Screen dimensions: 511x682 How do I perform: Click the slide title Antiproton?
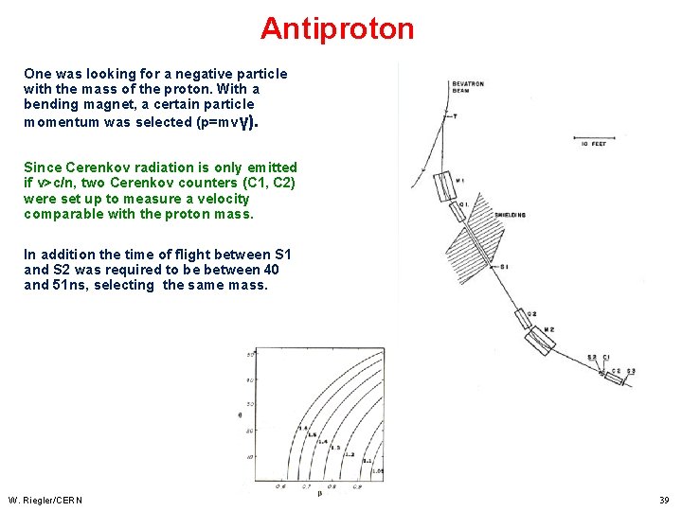(337, 28)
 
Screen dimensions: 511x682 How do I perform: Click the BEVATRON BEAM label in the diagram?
(468, 87)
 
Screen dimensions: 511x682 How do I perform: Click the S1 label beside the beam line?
(504, 267)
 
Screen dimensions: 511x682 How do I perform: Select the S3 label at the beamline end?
(631, 370)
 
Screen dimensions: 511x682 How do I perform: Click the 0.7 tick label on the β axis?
(306, 486)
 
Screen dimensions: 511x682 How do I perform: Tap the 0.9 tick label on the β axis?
(358, 486)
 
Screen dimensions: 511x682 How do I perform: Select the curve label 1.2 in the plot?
(349, 454)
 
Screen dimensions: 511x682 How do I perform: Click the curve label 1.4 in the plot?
(322, 442)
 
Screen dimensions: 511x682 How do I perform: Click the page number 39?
(664, 500)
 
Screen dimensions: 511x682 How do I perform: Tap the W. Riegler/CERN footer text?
(45, 500)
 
